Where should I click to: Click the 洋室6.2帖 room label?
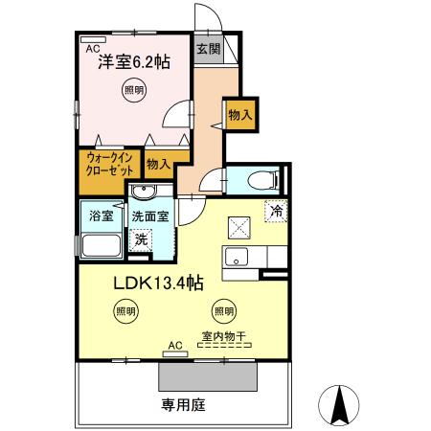(x=133, y=63)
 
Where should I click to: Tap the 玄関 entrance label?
(x=208, y=50)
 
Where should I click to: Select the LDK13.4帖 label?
(x=159, y=283)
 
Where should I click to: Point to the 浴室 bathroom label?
(x=101, y=215)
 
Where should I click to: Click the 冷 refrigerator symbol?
(x=276, y=210)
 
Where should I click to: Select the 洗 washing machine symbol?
(x=141, y=238)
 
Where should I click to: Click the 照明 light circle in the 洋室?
(x=135, y=91)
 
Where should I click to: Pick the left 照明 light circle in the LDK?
(x=125, y=310)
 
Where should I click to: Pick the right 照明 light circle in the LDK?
(x=223, y=310)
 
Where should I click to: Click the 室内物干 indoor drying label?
(x=223, y=336)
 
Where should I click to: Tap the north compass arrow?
(x=337, y=405)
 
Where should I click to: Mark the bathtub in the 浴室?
(x=100, y=244)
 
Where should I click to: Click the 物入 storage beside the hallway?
(x=239, y=114)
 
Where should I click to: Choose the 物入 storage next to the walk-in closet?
(x=159, y=164)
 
